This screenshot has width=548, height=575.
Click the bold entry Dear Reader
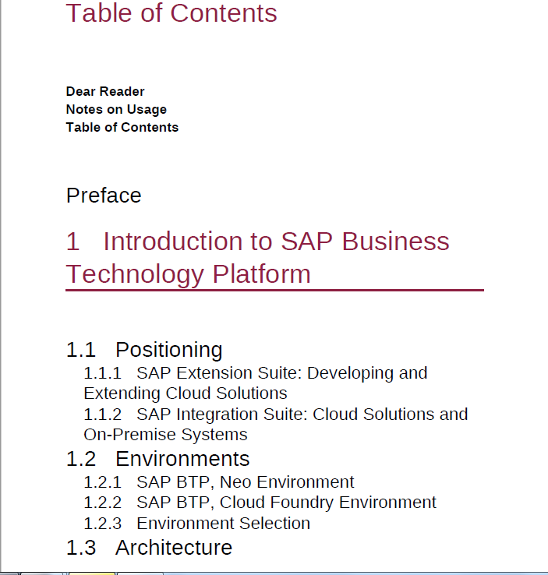pyautogui.click(x=105, y=91)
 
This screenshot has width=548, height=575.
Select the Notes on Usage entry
pyautogui.click(x=116, y=110)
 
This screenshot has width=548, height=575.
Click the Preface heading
pyautogui.click(x=104, y=195)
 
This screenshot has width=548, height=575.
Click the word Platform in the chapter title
pyautogui.click(x=262, y=274)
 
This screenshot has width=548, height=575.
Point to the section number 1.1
pyautogui.click(x=81, y=350)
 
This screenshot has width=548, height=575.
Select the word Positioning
pyautogui.click(x=169, y=350)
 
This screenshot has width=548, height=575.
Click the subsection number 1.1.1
pyautogui.click(x=102, y=373)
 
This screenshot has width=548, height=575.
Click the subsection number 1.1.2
pyautogui.click(x=102, y=414)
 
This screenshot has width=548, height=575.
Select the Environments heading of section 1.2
pyautogui.click(x=182, y=459)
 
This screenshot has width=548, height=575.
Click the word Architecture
pyautogui.click(x=174, y=548)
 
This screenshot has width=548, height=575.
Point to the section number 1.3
pyautogui.click(x=81, y=548)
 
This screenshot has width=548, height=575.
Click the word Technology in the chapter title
pyautogui.click(x=135, y=275)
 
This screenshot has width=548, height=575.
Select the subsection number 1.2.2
pyautogui.click(x=102, y=503)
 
